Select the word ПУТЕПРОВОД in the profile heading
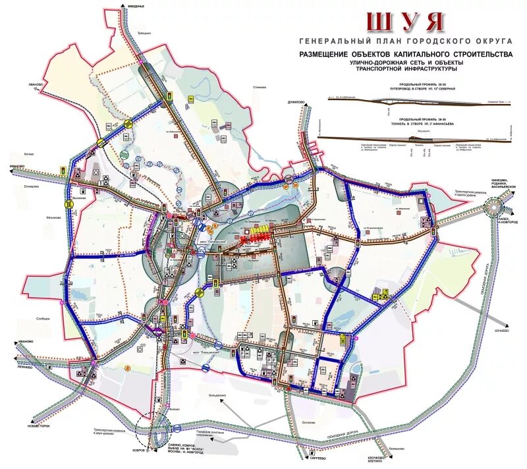click(389, 88)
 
